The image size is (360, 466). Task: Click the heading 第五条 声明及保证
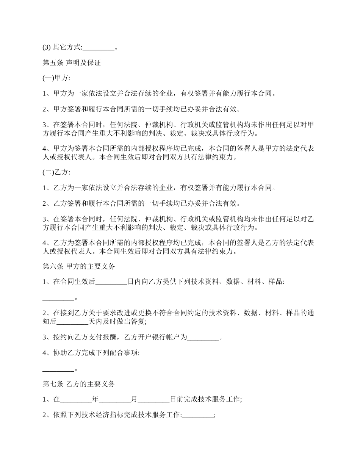[72, 63]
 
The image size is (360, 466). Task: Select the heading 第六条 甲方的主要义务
[78, 266]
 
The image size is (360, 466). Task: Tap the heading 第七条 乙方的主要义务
[78, 384]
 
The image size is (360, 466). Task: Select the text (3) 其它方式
[62, 48]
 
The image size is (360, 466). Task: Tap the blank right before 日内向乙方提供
[112, 282]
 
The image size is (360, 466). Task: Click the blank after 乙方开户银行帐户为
[203, 338]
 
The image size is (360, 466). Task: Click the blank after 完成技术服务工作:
[198, 415]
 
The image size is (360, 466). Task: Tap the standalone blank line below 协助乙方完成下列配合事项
[58, 369]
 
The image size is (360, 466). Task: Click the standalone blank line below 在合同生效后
[58, 298]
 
